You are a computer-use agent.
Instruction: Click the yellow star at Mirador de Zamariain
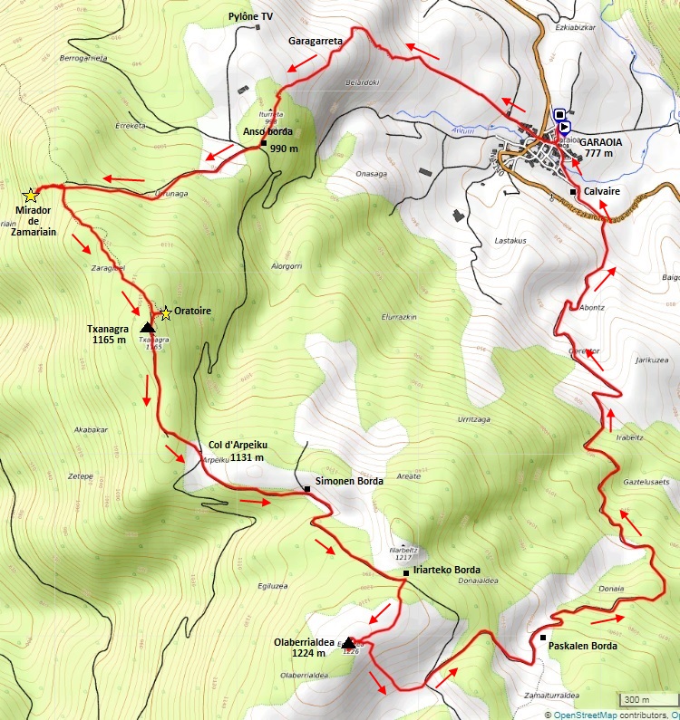point(30,195)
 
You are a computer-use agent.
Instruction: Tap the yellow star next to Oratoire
point(165,313)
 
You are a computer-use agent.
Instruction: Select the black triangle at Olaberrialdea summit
point(349,642)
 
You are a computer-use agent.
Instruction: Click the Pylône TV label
point(249,17)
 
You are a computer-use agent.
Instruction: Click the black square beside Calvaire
point(573,192)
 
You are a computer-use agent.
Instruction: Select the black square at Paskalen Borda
point(542,638)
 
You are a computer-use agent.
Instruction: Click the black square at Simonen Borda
point(307,489)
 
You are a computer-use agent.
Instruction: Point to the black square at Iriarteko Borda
point(405,572)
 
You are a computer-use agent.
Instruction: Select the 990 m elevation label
point(285,149)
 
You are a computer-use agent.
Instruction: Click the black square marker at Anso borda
point(263,142)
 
